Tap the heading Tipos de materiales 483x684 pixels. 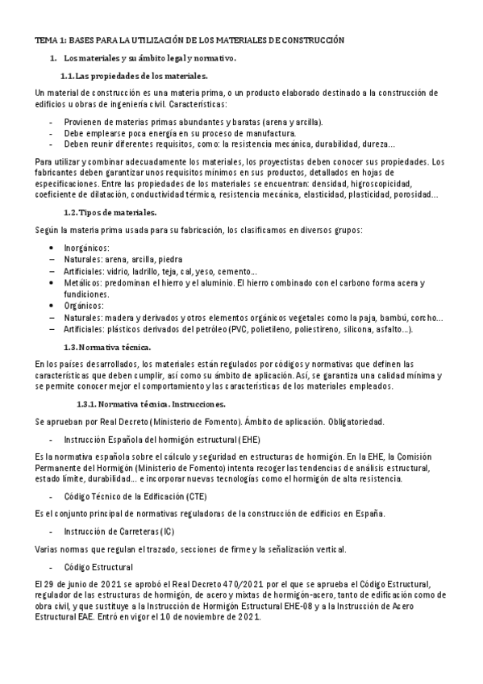point(118,212)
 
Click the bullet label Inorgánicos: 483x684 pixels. point(86,248)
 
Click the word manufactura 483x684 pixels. point(272,133)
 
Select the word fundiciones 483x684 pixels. point(86,294)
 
